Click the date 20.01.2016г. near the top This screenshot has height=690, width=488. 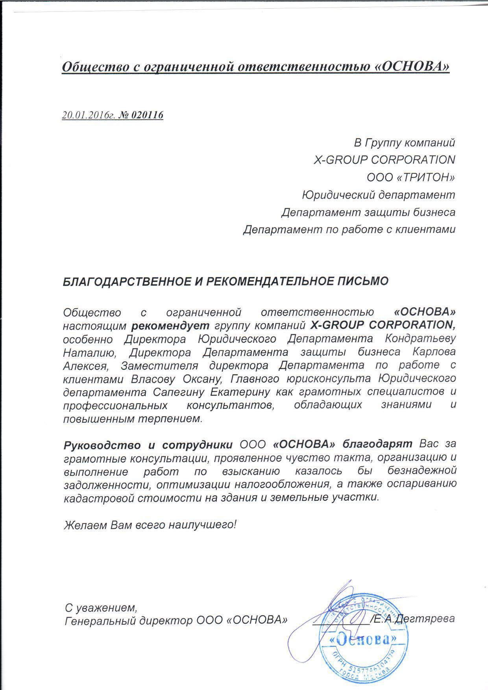coord(89,115)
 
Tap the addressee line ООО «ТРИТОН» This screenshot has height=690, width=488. coord(410,177)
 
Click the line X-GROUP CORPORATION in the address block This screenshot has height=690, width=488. coord(384,160)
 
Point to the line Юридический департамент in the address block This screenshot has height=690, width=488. coord(378,195)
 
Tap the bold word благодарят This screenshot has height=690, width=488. coord(378,445)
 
